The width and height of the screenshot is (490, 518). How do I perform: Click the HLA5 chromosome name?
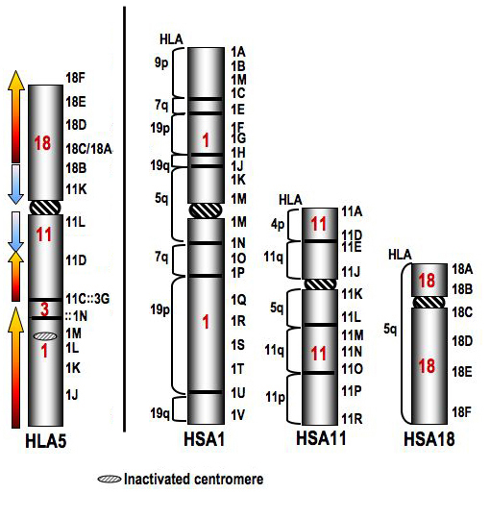point(46,441)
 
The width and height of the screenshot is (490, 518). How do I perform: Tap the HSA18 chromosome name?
point(429,439)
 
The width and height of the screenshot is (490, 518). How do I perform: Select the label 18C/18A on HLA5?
point(89,149)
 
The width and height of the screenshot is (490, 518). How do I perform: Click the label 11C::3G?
point(87,299)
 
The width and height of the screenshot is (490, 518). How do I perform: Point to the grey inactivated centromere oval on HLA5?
point(45,336)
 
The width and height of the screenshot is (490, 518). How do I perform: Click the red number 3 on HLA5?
point(44,309)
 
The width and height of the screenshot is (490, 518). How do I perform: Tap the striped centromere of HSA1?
point(206,210)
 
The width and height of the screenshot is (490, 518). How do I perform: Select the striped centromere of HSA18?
point(429,302)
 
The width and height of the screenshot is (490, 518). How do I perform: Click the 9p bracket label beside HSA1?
point(161,62)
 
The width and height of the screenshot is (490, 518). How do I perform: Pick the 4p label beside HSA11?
point(278,224)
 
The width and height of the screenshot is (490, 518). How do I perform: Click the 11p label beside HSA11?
point(275,398)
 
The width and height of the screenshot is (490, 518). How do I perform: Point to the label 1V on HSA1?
point(237,414)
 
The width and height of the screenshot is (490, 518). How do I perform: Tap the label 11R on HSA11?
point(352,419)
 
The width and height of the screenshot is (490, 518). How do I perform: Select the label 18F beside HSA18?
point(462,412)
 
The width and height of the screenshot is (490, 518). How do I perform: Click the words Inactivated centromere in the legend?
point(193,479)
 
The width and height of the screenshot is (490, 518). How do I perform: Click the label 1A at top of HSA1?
point(237,52)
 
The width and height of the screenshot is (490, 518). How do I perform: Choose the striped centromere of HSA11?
point(320,284)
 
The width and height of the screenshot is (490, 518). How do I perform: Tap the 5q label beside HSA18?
point(390,329)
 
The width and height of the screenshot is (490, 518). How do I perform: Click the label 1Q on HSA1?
point(238,300)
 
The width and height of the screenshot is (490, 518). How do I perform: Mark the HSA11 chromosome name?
point(321,438)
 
